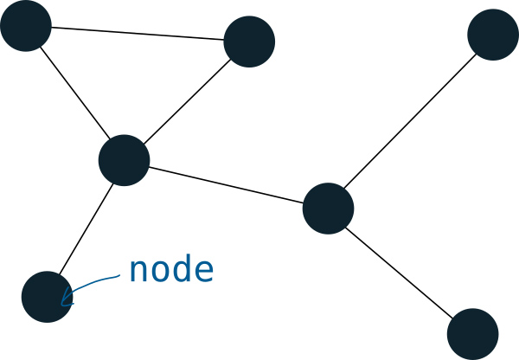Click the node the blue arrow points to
[47, 297]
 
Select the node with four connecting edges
[125, 160]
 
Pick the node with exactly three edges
[329, 209]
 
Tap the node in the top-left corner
[26, 25]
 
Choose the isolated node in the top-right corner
[493, 35]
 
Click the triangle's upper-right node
[249, 41]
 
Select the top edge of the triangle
[138, 33]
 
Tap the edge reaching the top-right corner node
[411, 121]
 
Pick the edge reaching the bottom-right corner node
[400, 271]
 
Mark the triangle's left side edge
[75, 93]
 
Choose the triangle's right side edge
[187, 100]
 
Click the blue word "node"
[170, 271]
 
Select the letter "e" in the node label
[203, 273]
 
